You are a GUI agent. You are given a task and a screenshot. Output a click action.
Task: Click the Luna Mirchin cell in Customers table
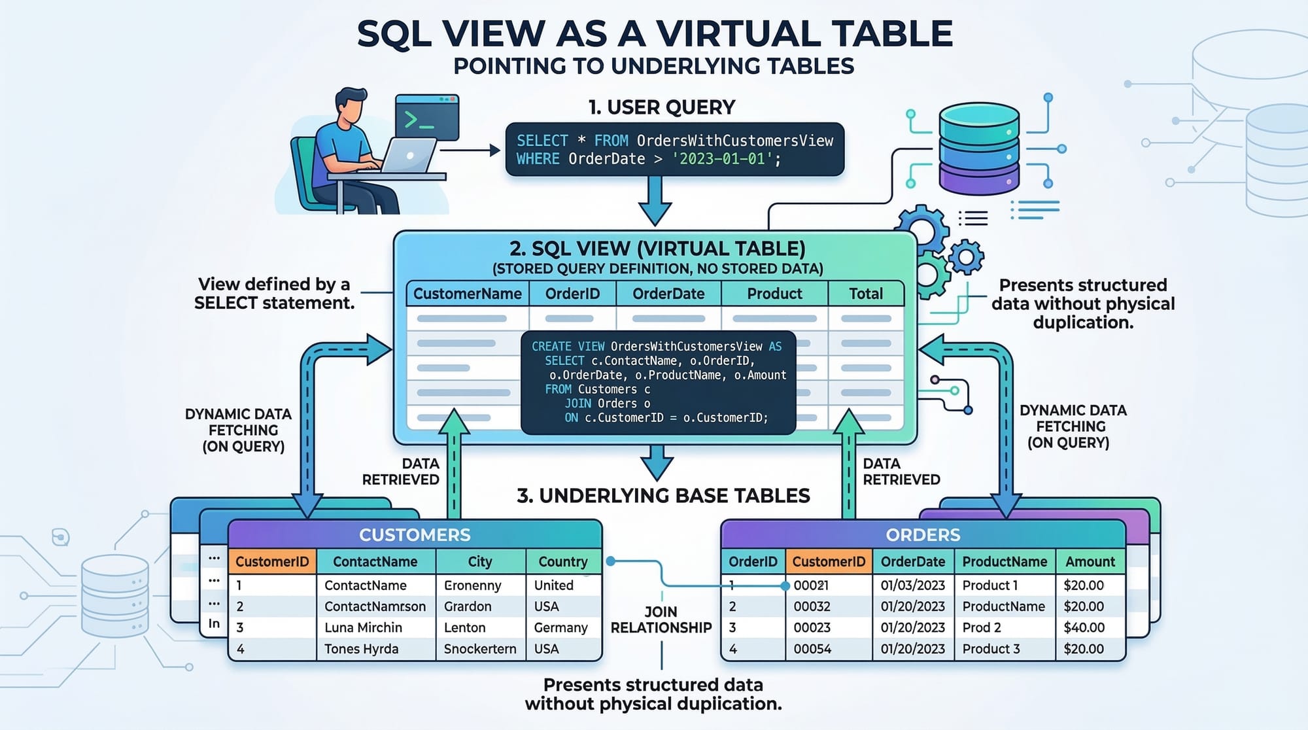[x=363, y=627]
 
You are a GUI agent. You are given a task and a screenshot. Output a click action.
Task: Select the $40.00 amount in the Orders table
[x=1084, y=627]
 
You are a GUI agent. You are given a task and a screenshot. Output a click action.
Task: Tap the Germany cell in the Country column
[x=560, y=627]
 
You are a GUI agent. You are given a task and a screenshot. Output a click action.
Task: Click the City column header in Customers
[x=479, y=561]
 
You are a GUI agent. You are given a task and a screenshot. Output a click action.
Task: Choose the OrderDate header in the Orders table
[x=912, y=561]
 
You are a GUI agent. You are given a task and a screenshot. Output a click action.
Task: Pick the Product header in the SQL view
[x=774, y=294]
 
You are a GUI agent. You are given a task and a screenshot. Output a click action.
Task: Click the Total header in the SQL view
[x=866, y=294]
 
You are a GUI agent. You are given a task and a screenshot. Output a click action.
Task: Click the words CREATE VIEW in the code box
[x=568, y=346]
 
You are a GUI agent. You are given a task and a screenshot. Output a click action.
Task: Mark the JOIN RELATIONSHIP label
[x=661, y=619]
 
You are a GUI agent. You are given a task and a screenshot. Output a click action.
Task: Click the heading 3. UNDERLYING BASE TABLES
[x=663, y=496]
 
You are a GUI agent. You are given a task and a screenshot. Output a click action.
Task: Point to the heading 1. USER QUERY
[x=661, y=107]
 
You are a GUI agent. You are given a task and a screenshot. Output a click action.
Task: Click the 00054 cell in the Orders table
[x=812, y=649]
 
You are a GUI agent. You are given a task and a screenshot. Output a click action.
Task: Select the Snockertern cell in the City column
[x=479, y=649]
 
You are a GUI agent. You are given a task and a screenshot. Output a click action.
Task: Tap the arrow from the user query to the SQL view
[x=655, y=200]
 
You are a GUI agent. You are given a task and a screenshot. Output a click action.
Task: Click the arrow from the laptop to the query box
[x=470, y=150]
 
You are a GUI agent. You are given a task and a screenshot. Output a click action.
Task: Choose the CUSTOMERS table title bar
[x=415, y=534]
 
